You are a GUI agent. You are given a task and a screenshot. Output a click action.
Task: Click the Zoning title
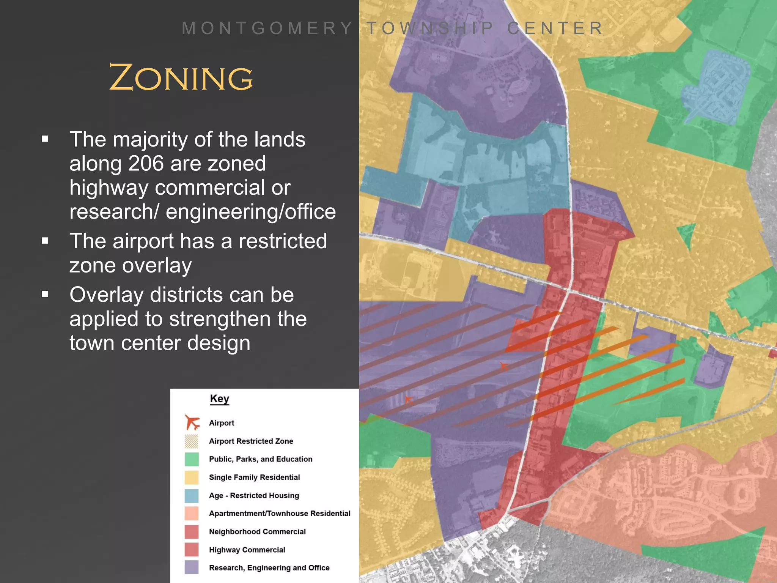point(181,77)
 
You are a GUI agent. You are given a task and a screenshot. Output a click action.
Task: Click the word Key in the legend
point(219,399)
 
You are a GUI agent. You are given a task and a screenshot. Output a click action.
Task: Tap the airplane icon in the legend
point(192,422)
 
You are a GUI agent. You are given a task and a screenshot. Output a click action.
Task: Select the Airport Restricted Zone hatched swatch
point(192,441)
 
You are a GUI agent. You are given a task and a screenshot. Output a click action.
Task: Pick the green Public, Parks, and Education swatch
point(192,459)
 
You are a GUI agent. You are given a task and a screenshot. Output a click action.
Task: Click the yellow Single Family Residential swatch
point(192,477)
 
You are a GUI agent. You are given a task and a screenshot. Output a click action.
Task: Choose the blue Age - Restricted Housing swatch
point(192,496)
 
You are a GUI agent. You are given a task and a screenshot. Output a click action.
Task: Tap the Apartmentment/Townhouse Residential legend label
point(280,514)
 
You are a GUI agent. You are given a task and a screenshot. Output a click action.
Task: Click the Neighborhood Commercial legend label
point(257,532)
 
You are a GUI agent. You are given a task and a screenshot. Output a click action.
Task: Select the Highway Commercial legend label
point(247,550)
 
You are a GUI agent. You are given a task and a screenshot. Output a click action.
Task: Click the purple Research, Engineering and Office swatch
point(192,568)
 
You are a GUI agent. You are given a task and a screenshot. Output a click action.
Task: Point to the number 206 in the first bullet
point(146,164)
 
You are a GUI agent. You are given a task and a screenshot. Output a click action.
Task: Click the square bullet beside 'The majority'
point(45,139)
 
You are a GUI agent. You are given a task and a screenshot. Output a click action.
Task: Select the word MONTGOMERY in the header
point(267,28)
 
